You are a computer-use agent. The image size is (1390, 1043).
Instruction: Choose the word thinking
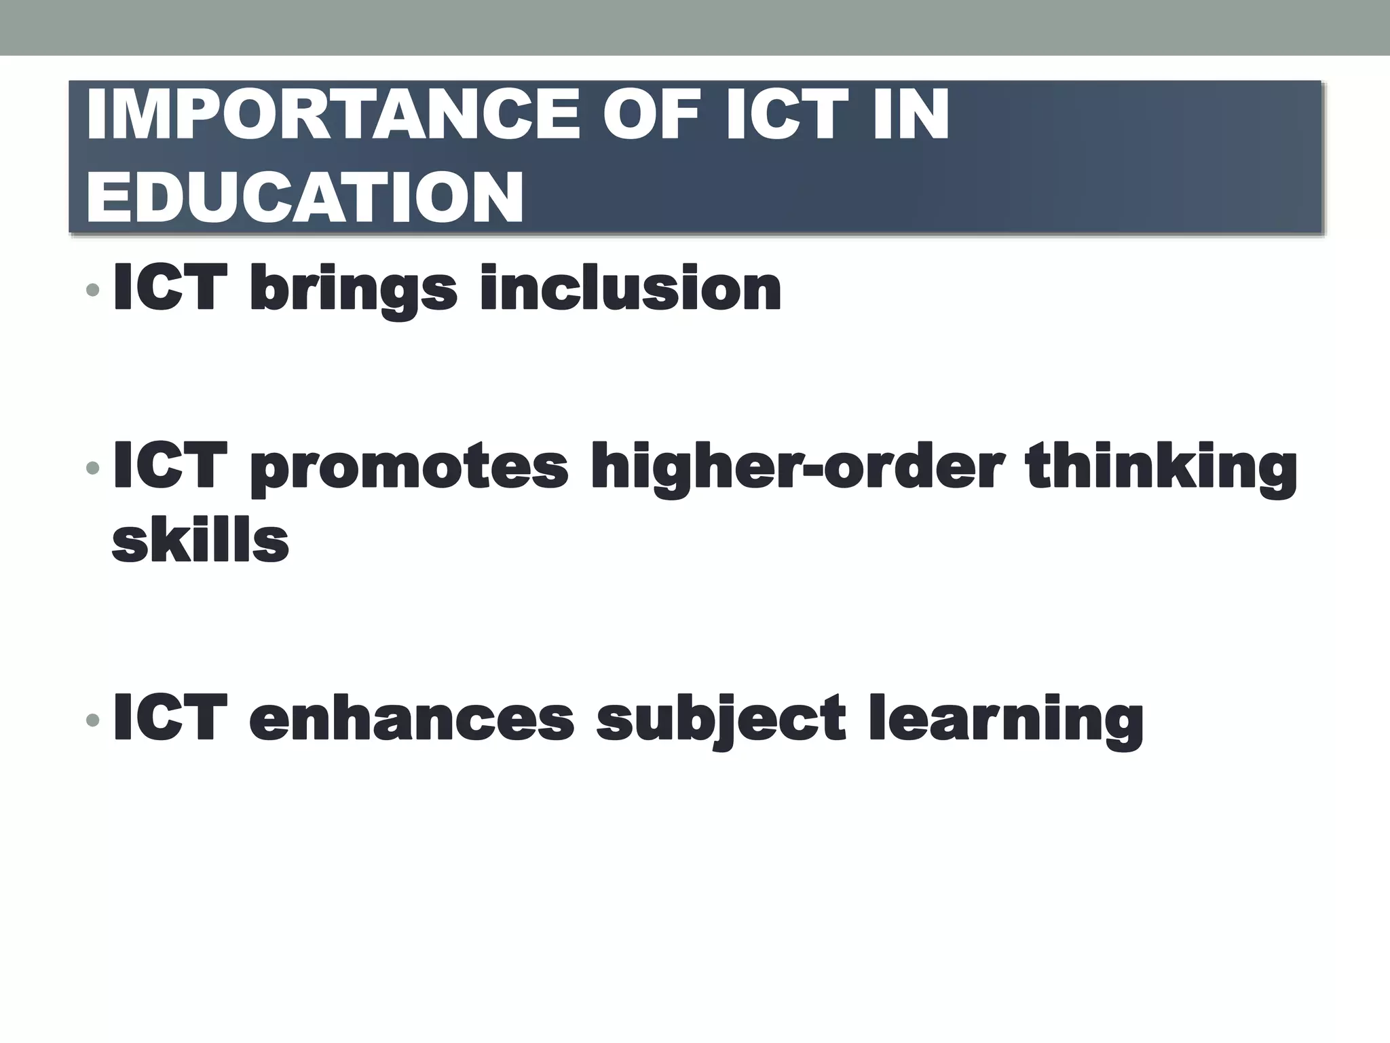1161,469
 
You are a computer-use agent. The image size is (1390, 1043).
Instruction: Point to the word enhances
411,718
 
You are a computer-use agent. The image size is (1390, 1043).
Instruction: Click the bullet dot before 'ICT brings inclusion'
93,291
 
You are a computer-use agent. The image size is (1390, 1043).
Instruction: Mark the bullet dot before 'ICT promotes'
93,468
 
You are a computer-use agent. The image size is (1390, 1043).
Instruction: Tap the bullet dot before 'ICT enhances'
93,719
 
